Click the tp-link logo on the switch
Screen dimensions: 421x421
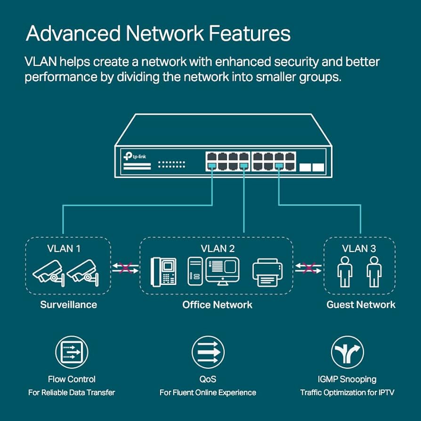click(135, 156)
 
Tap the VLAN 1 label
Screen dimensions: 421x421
click(64, 249)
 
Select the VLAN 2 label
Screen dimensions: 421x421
click(218, 249)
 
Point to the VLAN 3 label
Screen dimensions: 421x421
click(359, 249)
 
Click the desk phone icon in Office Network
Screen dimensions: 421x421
click(163, 272)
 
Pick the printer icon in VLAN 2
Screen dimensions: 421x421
click(267, 272)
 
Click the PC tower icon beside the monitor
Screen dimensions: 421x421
click(195, 271)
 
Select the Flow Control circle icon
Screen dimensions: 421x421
click(72, 352)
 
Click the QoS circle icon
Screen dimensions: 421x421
click(208, 352)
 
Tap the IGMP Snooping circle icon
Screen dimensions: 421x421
click(348, 352)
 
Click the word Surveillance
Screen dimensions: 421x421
click(68, 305)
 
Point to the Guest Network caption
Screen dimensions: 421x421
click(361, 305)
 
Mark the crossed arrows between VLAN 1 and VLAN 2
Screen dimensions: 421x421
click(125, 268)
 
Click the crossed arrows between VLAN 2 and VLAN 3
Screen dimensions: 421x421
click(308, 268)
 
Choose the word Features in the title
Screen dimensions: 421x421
click(250, 33)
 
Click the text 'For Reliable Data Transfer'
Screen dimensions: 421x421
click(72, 393)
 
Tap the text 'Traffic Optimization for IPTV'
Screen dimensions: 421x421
click(347, 393)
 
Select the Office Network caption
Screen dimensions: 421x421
click(217, 305)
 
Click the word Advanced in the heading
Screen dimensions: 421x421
click(73, 33)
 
